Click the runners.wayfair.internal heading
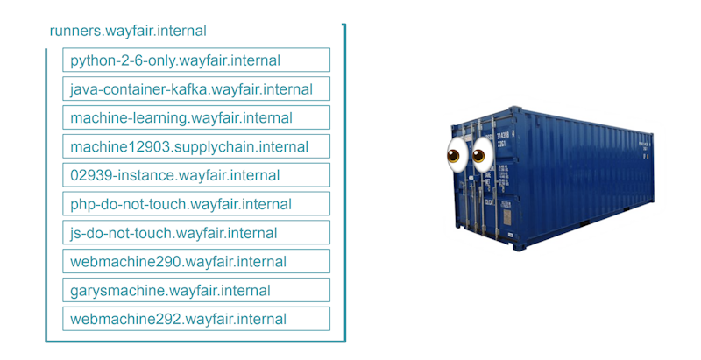click(128, 31)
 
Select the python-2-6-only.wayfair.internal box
click(196, 60)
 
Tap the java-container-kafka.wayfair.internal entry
click(196, 89)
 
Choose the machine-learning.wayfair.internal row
click(196, 118)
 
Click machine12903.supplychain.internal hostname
click(196, 147)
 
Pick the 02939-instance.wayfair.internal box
click(196, 175)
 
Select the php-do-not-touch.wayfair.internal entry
click(196, 204)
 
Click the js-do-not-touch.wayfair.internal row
click(196, 233)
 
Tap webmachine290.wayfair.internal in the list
click(196, 262)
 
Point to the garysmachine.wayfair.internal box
click(196, 291)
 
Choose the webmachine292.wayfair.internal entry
click(196, 320)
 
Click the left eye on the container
click(455, 156)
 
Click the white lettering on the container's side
click(643, 144)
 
